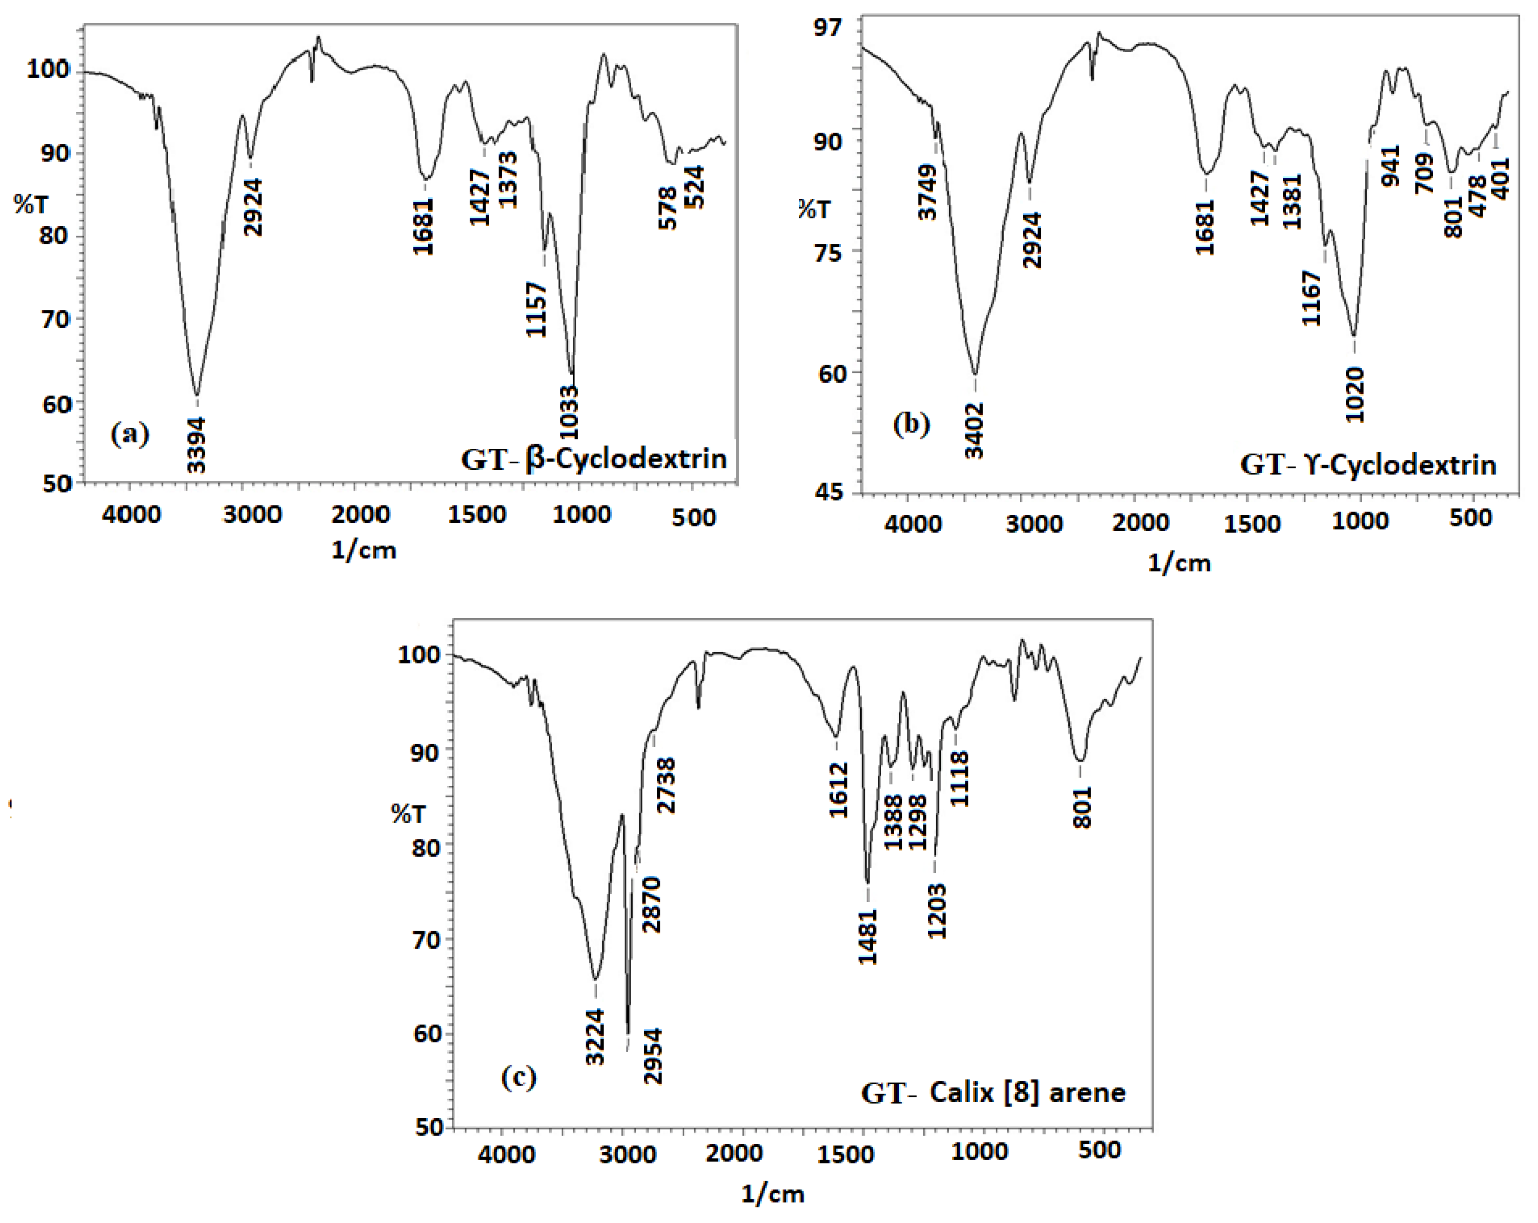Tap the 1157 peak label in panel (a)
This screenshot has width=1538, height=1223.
(x=536, y=310)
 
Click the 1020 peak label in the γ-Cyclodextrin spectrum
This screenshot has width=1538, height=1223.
(x=1355, y=395)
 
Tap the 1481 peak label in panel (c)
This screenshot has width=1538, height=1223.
(x=868, y=937)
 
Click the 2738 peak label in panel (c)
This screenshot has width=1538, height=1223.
(x=667, y=785)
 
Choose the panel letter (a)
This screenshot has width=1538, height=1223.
(x=130, y=433)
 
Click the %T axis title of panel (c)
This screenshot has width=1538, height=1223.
(x=408, y=813)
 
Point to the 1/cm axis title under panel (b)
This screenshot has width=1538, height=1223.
(x=1179, y=563)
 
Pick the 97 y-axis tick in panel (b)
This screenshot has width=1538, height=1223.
(x=828, y=27)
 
